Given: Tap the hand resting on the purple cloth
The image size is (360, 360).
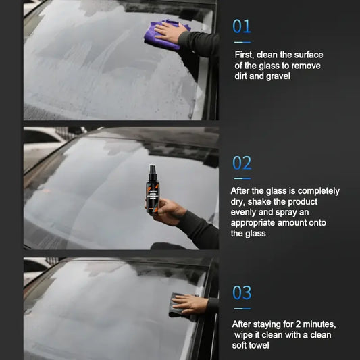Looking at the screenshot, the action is [170, 32].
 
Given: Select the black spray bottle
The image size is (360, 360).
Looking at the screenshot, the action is [153, 189].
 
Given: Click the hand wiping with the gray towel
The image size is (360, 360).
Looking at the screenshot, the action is [189, 304].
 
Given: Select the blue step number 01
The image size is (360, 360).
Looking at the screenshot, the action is [242, 26].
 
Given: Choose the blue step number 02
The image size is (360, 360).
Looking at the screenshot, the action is [242, 163].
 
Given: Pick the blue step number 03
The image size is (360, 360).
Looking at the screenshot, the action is [242, 292].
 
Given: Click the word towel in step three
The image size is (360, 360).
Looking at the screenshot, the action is [259, 345].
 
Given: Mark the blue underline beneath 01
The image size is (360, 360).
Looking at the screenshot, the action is [242, 43].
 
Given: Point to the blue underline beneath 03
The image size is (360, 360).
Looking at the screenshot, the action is [242, 309].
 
